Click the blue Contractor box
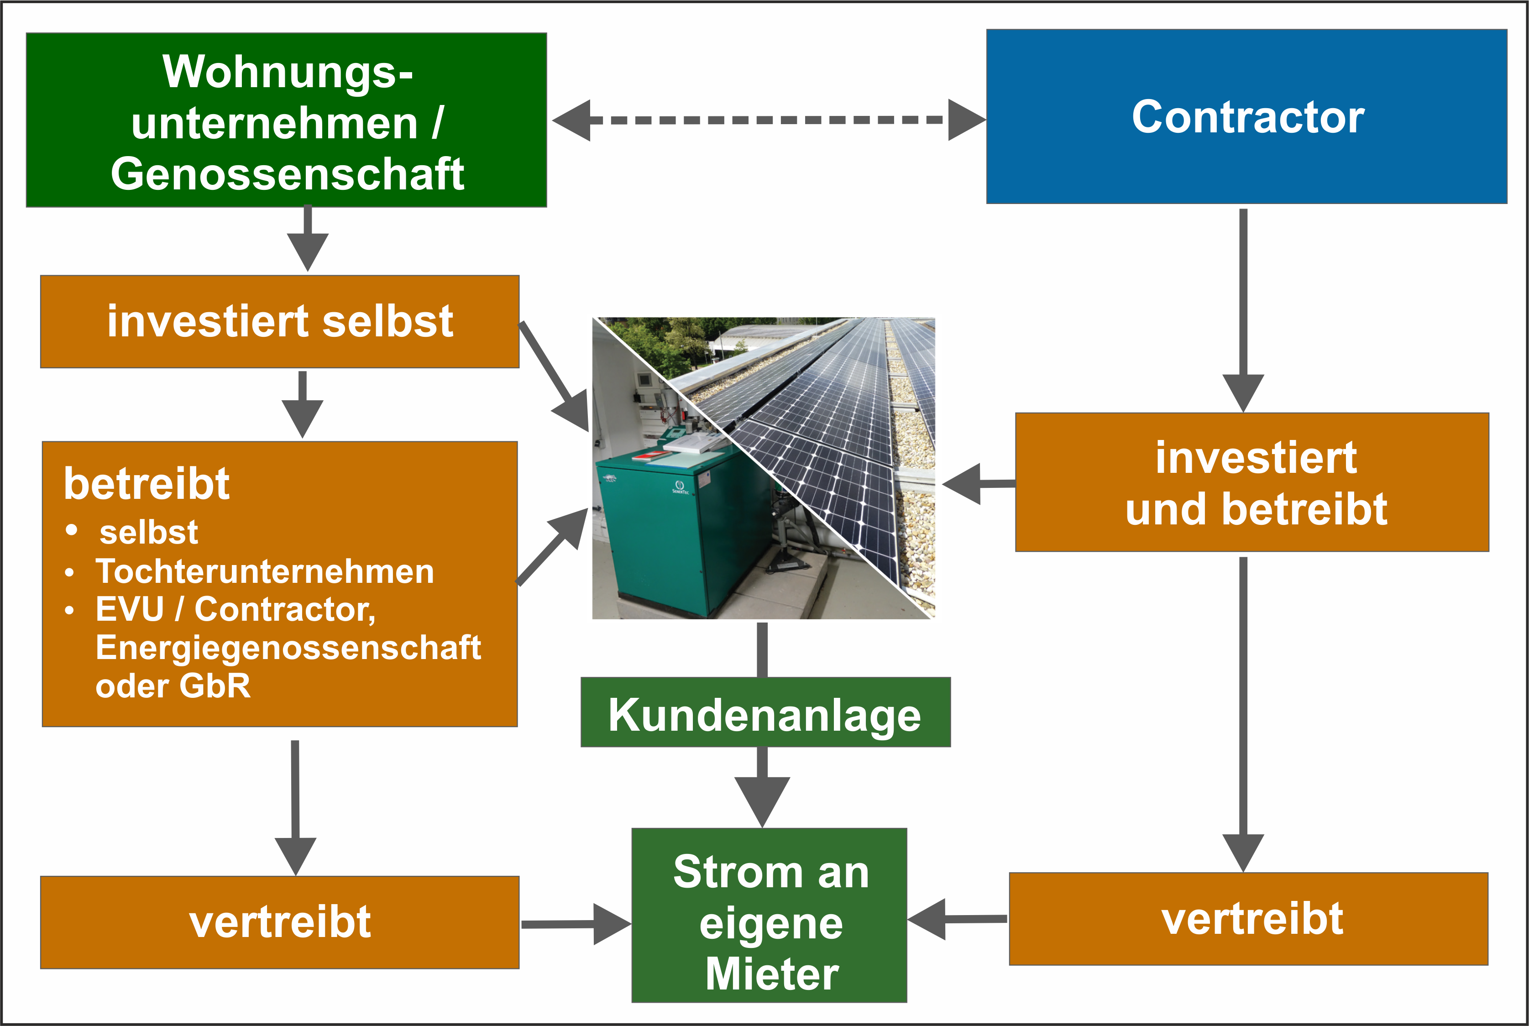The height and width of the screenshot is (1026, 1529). coord(1246,116)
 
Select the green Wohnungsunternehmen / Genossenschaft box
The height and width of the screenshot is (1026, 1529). coord(287,120)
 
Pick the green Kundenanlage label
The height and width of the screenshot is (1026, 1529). coord(765,712)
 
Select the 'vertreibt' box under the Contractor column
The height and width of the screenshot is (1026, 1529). coord(1249,919)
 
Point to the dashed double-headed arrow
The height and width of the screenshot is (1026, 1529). coord(769,120)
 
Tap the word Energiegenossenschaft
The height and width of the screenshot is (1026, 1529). coord(288,647)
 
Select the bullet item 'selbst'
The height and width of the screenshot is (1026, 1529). coord(148,532)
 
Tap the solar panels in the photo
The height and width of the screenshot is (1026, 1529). coord(831,425)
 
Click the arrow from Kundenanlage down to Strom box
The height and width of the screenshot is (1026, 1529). coord(762,787)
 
